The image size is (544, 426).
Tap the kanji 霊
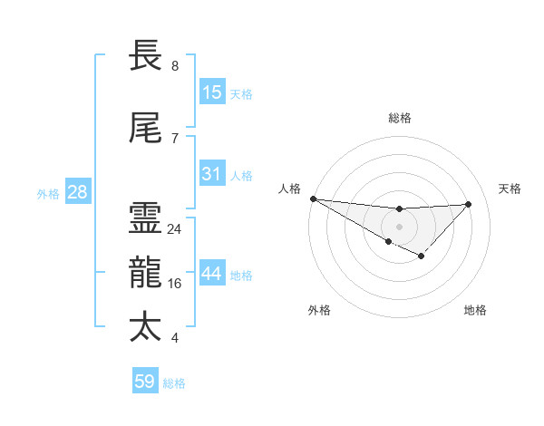click(x=146, y=218)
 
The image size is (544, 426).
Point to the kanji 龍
click(x=146, y=273)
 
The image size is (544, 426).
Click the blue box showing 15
click(x=212, y=92)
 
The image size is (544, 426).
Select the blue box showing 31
click(x=212, y=174)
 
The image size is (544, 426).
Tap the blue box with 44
click(x=212, y=275)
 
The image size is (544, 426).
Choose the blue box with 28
click(x=77, y=192)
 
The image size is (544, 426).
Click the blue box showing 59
click(x=145, y=382)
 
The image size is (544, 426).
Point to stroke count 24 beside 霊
click(x=175, y=229)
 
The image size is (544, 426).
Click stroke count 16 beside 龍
click(x=175, y=284)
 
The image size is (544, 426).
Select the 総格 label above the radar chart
click(x=400, y=118)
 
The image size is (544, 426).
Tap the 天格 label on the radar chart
click(x=510, y=189)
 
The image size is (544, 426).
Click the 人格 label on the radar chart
click(x=289, y=189)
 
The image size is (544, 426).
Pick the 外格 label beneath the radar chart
click(x=319, y=311)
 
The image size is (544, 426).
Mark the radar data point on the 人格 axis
click(x=313, y=198)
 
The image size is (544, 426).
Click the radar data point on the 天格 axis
click(x=469, y=204)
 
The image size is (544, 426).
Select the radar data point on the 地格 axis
click(x=421, y=257)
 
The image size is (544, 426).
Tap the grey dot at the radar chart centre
click(x=399, y=226)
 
